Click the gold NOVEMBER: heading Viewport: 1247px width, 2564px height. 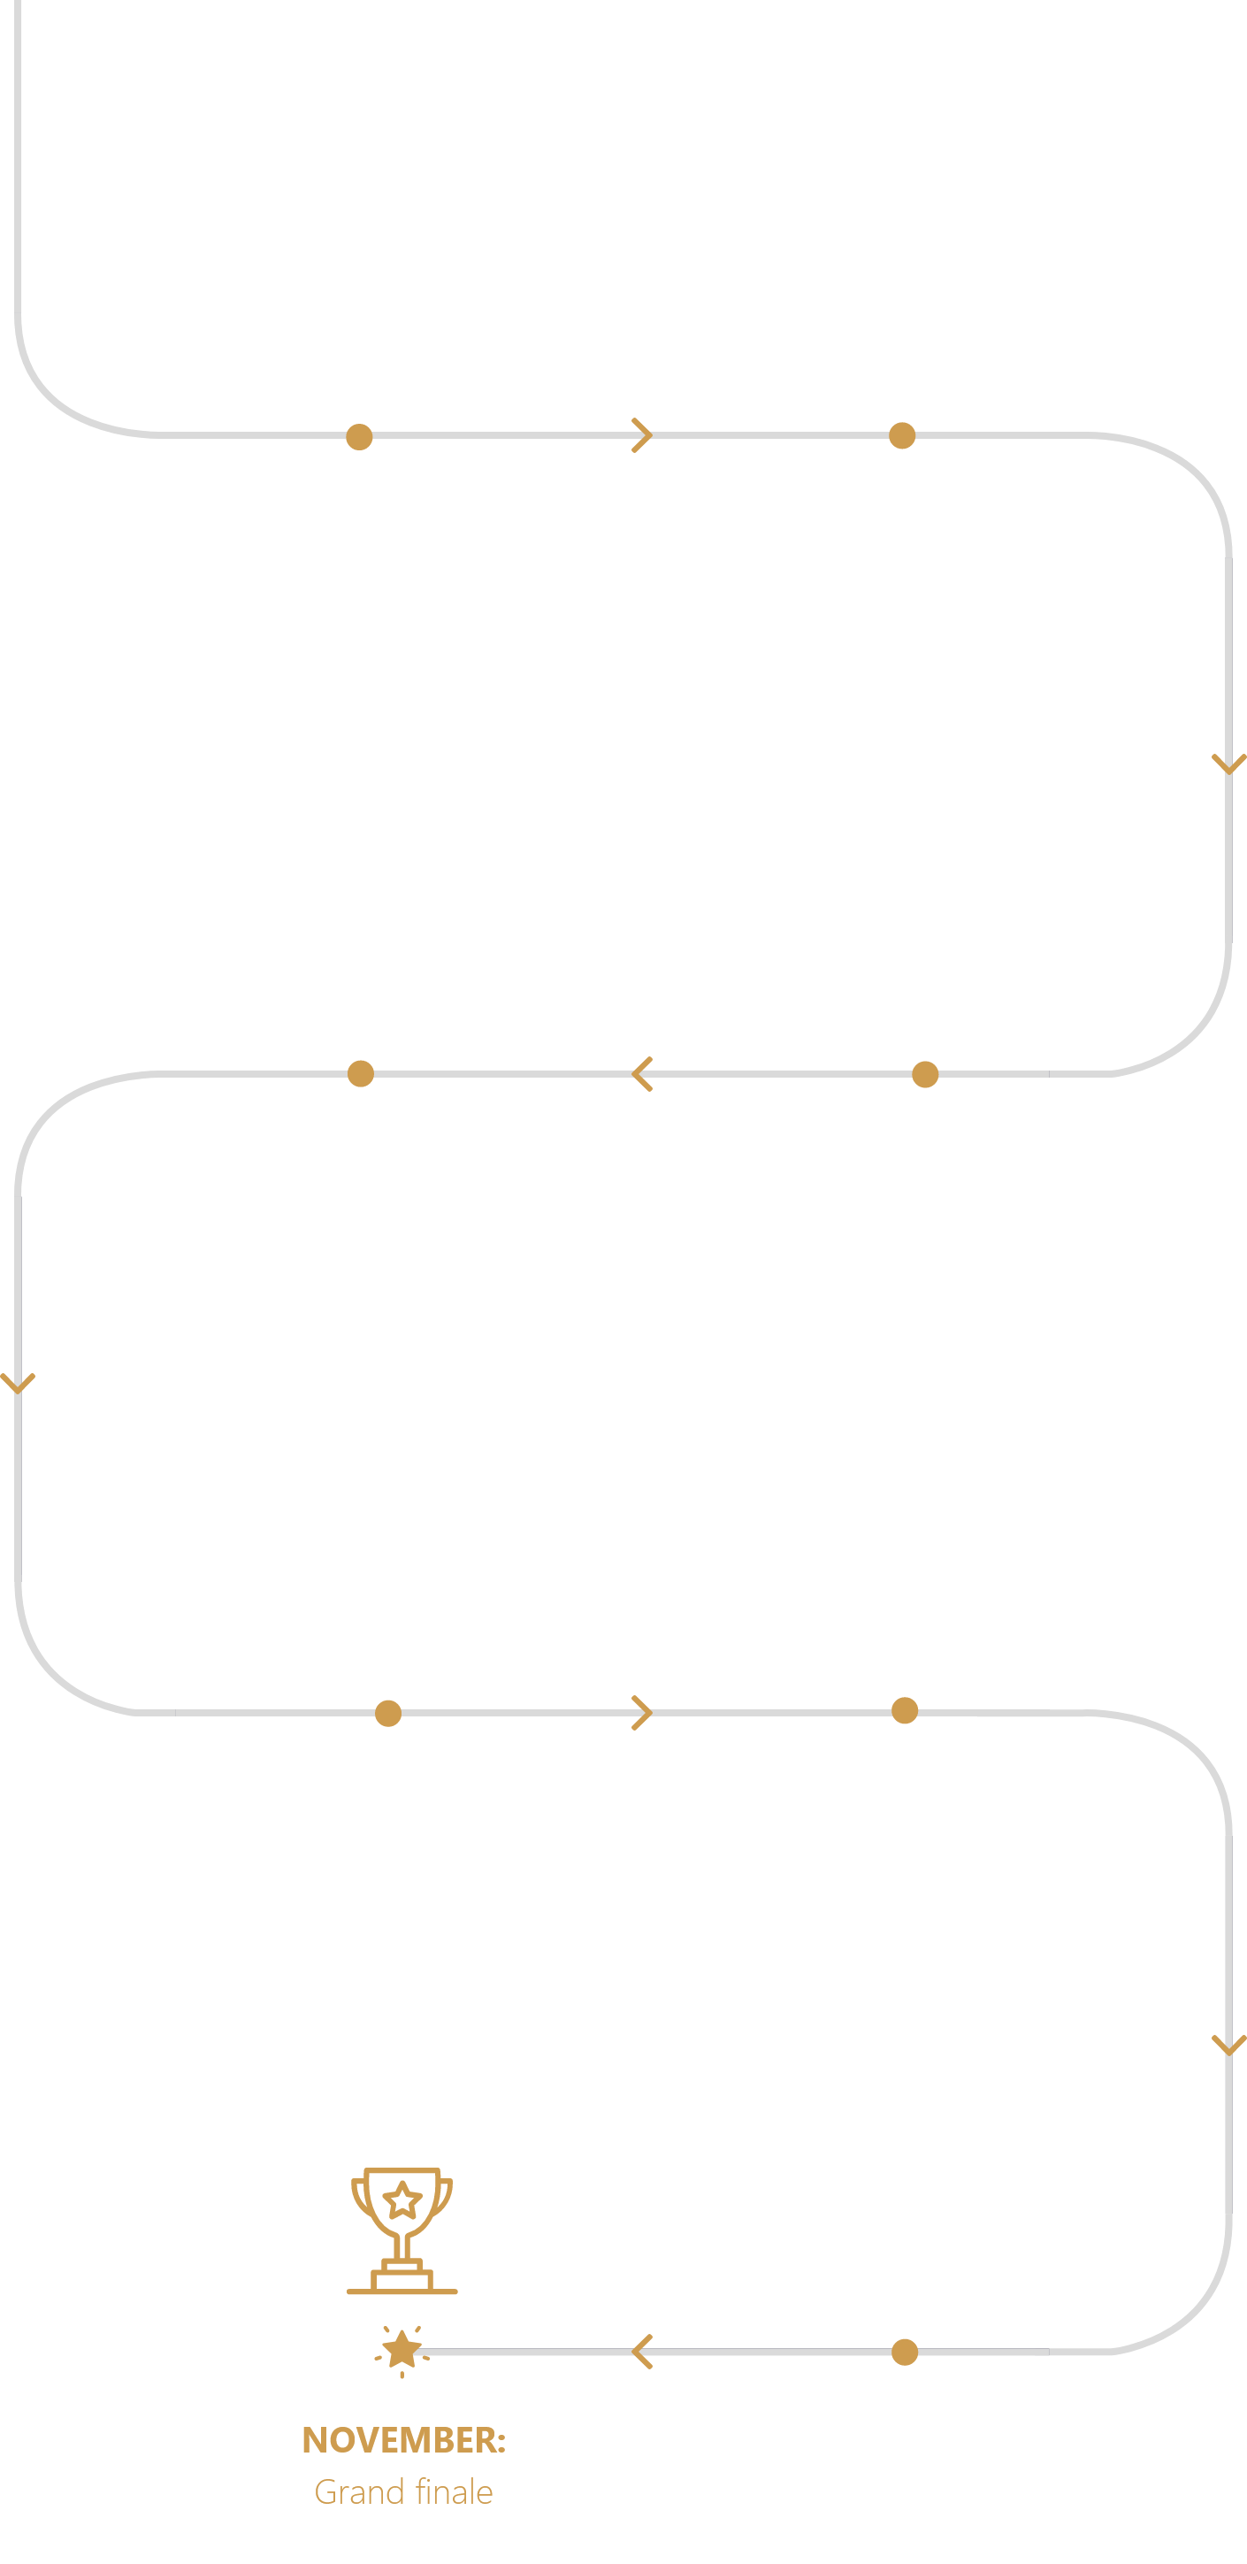(x=404, y=2439)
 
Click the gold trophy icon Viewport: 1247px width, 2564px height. (x=402, y=2230)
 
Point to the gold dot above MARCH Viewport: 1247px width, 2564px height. (x=359, y=436)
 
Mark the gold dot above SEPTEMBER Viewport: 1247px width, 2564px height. (x=905, y=1711)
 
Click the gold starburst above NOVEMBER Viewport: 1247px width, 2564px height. (x=402, y=2351)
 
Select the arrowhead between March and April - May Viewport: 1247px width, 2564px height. (x=642, y=435)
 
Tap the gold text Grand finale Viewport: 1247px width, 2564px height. (x=404, y=2491)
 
